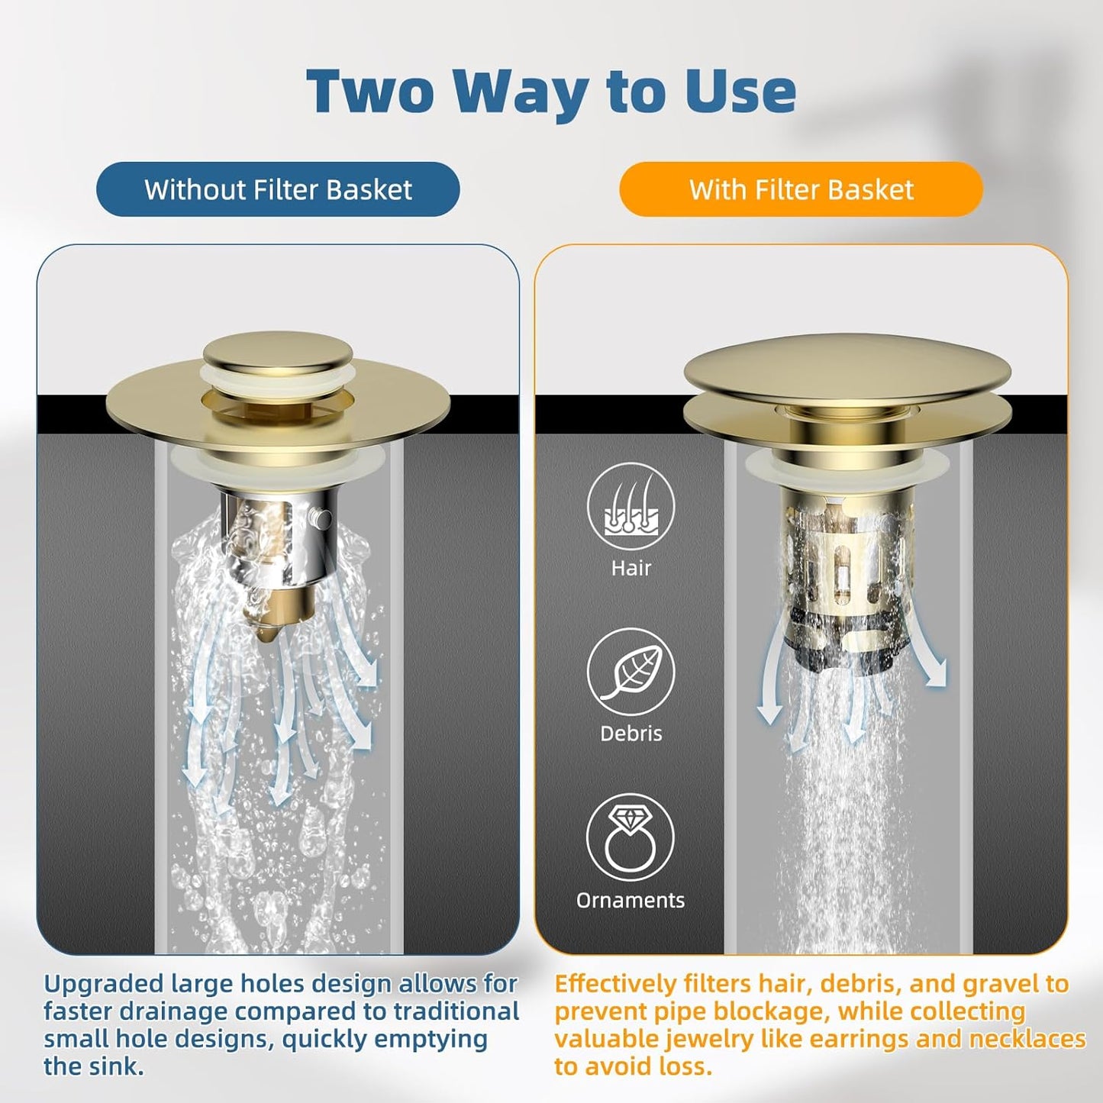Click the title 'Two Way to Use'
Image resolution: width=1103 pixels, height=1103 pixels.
click(x=551, y=92)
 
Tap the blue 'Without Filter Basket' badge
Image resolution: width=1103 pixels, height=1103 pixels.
click(x=278, y=189)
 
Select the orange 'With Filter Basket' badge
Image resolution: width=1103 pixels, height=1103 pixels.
click(x=801, y=189)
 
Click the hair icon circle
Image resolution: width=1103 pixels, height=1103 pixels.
click(x=631, y=507)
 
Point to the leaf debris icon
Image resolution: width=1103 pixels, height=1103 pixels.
click(x=631, y=672)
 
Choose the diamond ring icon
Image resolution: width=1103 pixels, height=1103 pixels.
click(x=631, y=837)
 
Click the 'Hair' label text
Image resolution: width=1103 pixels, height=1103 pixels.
click(x=631, y=568)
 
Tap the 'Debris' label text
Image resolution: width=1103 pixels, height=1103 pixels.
click(x=631, y=734)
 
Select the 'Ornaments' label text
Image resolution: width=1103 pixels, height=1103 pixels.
click(x=631, y=900)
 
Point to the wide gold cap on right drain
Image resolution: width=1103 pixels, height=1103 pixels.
click(x=847, y=370)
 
